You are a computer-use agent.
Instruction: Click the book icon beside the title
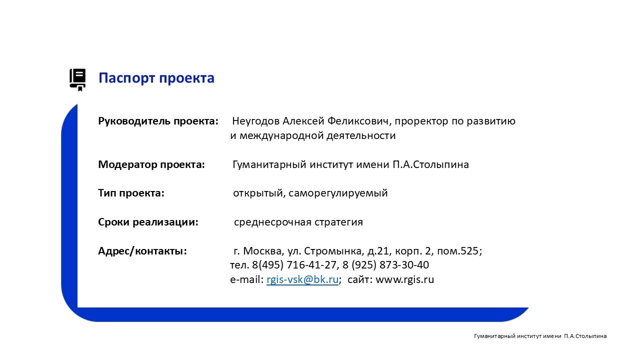77,79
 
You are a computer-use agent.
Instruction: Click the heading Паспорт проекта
156,78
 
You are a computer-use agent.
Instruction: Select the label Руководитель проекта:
158,121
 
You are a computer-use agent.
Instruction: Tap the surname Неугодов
255,121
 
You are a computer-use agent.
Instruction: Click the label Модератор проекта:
151,165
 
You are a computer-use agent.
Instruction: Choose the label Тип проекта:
131,193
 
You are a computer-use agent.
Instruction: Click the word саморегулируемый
338,193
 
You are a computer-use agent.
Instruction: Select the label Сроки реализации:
148,222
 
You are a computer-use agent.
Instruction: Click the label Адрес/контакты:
142,251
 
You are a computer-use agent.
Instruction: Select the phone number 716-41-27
311,265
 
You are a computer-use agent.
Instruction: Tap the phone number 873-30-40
404,265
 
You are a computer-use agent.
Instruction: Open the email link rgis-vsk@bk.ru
302,279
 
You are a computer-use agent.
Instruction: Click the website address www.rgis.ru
404,279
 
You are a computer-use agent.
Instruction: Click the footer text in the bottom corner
540,336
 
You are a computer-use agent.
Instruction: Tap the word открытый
259,193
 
